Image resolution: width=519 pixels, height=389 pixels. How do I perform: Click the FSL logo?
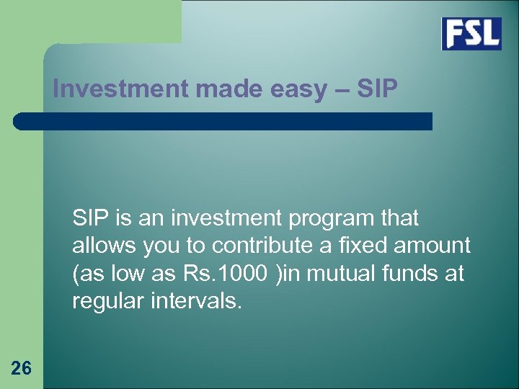[x=471, y=33]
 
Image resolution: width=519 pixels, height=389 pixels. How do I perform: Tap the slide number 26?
[x=22, y=369]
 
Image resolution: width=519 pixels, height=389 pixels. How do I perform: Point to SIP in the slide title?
[x=377, y=89]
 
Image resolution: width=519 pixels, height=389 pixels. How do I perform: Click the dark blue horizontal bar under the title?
[x=223, y=121]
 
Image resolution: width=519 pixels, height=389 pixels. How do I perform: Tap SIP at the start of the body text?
[x=91, y=218]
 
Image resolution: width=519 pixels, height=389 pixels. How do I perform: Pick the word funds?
[x=403, y=274]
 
